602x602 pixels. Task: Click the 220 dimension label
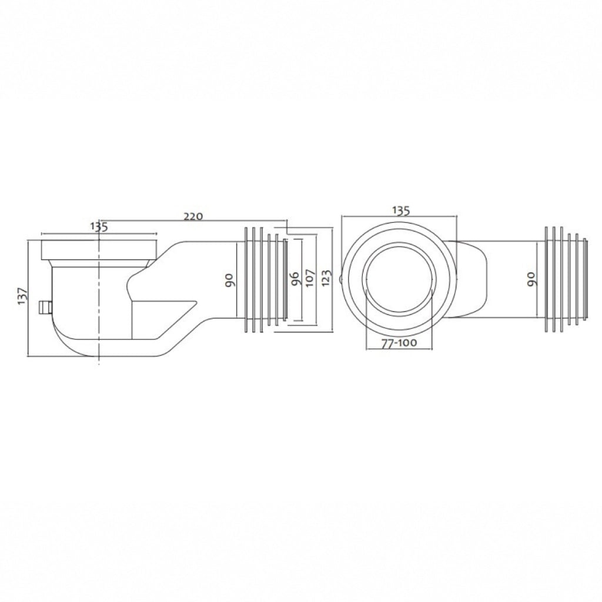(x=193, y=216)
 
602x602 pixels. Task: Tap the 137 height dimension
(x=23, y=296)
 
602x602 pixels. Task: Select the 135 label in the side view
(x=99, y=227)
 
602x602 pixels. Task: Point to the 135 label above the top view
(x=401, y=210)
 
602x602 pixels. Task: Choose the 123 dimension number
(x=326, y=278)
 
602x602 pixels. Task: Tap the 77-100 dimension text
(x=399, y=343)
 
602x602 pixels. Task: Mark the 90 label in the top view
(x=531, y=279)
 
